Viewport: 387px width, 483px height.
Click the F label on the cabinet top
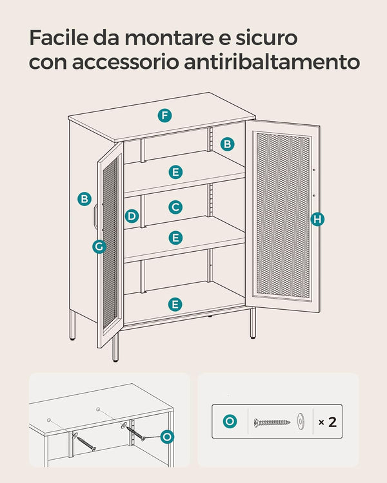click(164, 115)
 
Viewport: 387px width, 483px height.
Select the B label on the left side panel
click(84, 199)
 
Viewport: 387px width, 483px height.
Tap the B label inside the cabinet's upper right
click(228, 144)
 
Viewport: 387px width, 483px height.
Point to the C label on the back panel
click(175, 207)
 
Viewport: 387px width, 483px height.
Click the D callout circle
click(132, 216)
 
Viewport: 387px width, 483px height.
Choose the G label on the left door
click(99, 247)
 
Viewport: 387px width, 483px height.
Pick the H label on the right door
click(317, 219)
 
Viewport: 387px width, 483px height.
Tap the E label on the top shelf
click(175, 172)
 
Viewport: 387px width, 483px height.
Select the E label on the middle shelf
click(175, 238)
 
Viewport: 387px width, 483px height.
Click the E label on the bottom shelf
click(175, 305)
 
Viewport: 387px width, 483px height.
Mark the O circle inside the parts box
click(230, 421)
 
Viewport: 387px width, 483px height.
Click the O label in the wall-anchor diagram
click(167, 437)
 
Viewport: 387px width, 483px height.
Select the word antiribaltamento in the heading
click(272, 62)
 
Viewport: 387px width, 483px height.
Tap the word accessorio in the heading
click(126, 62)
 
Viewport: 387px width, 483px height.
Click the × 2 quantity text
click(328, 422)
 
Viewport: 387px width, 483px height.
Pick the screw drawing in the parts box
click(272, 422)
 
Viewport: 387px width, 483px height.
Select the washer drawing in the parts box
click(301, 421)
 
